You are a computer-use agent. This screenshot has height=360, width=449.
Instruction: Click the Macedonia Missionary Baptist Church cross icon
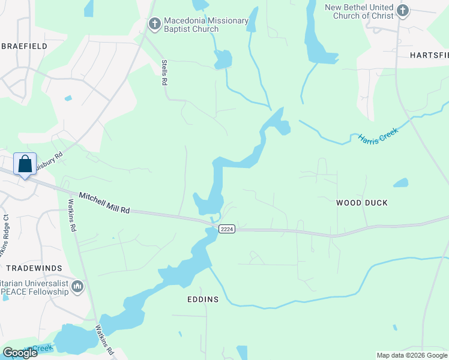[154, 24]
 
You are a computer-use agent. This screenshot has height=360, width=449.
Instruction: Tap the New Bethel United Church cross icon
[402, 10]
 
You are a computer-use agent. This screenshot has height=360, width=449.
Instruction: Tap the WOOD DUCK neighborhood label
[361, 203]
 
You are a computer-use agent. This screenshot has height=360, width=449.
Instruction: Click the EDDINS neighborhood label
[202, 299]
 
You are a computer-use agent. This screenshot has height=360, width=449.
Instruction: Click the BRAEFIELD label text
[25, 45]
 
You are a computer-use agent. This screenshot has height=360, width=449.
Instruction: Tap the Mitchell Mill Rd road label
[104, 203]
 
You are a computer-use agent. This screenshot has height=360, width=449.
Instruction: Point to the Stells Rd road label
[163, 72]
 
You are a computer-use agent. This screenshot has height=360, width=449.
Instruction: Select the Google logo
[19, 352]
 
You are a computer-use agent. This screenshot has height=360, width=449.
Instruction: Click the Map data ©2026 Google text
[411, 355]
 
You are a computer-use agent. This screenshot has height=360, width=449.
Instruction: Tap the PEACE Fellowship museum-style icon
[77, 287]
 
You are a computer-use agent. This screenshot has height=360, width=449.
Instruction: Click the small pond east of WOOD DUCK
[400, 183]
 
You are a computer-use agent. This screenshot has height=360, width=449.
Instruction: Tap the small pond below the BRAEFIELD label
[68, 98]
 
